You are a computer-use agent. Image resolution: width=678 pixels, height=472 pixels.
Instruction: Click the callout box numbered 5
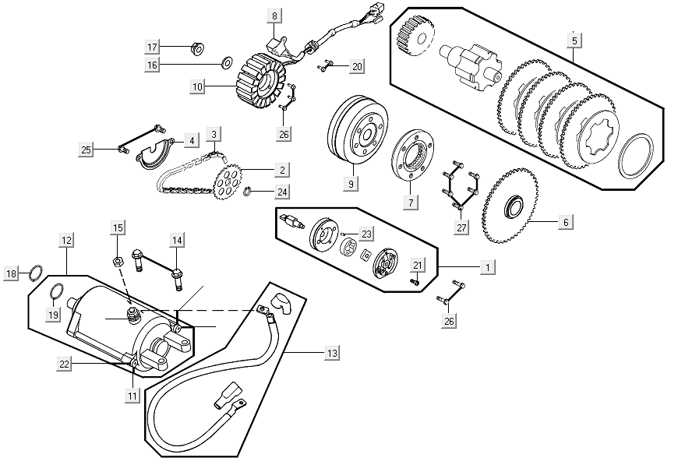(574, 39)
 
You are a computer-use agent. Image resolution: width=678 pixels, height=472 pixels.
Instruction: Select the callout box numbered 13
(333, 353)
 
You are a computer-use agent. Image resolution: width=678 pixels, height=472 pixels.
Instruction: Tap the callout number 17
(153, 47)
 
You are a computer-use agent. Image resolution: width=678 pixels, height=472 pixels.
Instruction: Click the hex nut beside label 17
(197, 49)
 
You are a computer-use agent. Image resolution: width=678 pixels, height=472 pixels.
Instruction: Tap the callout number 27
(462, 227)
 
